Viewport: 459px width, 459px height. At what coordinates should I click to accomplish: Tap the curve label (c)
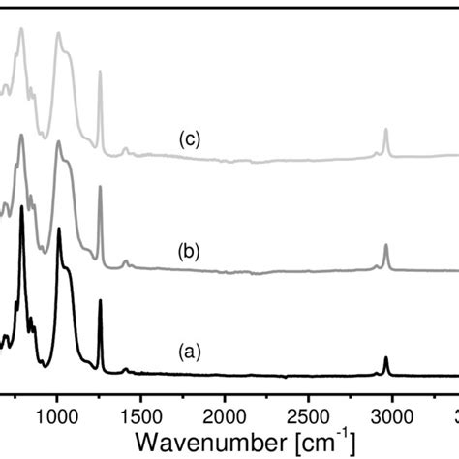189,139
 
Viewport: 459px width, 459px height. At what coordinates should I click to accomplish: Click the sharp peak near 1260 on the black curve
100,301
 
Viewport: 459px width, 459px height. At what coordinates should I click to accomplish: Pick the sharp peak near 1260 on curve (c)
100,73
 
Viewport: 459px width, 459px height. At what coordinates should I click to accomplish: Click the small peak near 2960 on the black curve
385,358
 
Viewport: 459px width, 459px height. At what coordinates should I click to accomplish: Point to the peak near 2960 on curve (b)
385,246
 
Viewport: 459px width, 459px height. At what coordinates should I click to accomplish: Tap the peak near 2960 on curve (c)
385,130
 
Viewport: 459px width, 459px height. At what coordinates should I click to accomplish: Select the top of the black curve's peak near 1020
59,229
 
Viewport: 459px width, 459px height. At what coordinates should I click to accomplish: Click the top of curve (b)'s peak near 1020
59,142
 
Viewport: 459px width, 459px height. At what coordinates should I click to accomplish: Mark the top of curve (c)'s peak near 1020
59,33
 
